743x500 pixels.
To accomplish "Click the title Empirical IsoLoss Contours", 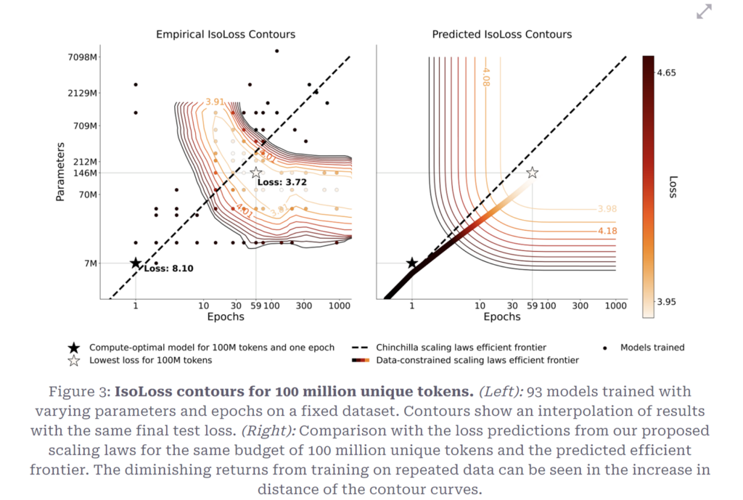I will click(x=226, y=34).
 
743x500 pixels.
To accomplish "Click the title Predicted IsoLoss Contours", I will click(x=501, y=34).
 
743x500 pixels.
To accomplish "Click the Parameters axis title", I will click(x=61, y=172).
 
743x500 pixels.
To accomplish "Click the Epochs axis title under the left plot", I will click(x=225, y=316).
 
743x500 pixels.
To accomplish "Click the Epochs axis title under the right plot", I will click(x=501, y=316).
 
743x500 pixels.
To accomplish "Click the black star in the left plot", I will click(x=136, y=263).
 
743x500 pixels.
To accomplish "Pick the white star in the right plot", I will click(x=532, y=173).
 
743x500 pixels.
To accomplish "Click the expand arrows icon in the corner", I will click(x=704, y=12).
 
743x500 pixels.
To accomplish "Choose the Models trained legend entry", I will click(x=652, y=348).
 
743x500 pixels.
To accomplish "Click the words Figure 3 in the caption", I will click(x=81, y=392).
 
